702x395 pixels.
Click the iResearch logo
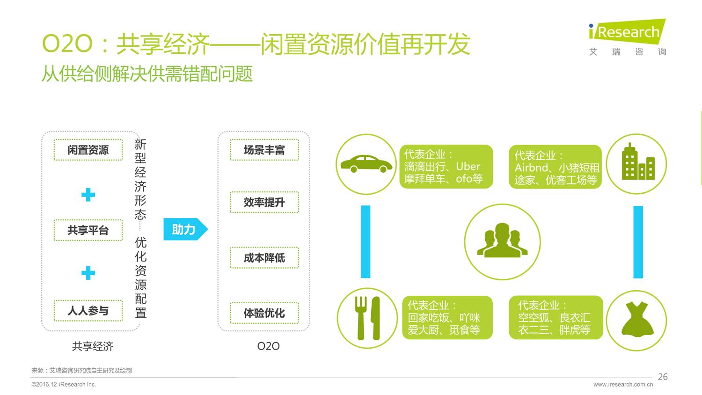coord(627,37)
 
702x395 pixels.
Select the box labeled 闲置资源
coord(88,150)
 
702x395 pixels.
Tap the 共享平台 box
coord(88,230)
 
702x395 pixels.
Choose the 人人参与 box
coord(88,310)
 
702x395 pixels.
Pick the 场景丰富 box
coord(264,150)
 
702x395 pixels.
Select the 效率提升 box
coord(264,202)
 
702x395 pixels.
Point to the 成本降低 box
coord(264,257)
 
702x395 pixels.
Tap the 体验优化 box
coord(264,313)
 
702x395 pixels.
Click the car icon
coord(366,164)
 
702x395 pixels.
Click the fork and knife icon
coord(367,318)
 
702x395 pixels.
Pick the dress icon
coord(637,320)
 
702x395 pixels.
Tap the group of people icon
coord(502,241)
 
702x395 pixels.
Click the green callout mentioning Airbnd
coord(555,167)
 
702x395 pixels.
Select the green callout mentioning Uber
coord(446,167)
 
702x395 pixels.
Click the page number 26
coord(663,377)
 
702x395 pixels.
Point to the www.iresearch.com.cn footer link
coord(623,385)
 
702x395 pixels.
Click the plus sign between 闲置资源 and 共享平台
coord(88,195)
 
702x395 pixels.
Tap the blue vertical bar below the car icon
coord(366,241)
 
